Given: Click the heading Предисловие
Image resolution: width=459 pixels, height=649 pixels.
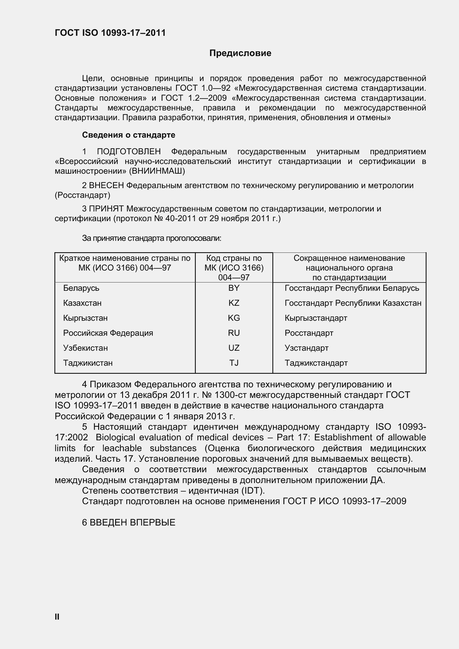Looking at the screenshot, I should (240, 53).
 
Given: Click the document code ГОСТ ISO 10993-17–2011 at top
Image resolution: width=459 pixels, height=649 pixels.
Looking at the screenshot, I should (110, 33).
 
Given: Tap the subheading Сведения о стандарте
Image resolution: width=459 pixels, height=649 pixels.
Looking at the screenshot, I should (128, 135).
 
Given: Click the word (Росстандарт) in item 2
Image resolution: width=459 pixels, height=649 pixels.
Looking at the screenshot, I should (82, 195).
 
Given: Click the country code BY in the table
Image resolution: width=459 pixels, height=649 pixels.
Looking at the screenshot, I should (234, 288).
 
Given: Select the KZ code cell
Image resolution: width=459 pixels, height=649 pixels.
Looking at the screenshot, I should (234, 303).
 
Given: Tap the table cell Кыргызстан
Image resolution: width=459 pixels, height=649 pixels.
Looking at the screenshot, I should (85, 318).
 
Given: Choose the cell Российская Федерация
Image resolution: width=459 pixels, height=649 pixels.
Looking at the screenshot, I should (108, 333).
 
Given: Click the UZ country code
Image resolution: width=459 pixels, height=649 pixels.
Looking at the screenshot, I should (234, 348).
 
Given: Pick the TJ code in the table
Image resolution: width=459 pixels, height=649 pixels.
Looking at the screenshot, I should (234, 363).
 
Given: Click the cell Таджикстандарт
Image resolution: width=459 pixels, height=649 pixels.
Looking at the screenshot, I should (316, 363).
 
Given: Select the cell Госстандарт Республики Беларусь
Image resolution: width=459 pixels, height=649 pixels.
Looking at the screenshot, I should (352, 288).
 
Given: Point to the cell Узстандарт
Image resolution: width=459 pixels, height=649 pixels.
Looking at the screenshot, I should (306, 348).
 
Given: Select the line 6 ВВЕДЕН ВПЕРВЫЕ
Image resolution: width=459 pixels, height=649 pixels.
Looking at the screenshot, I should (128, 522).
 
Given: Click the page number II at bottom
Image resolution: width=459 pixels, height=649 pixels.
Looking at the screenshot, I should (57, 617).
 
